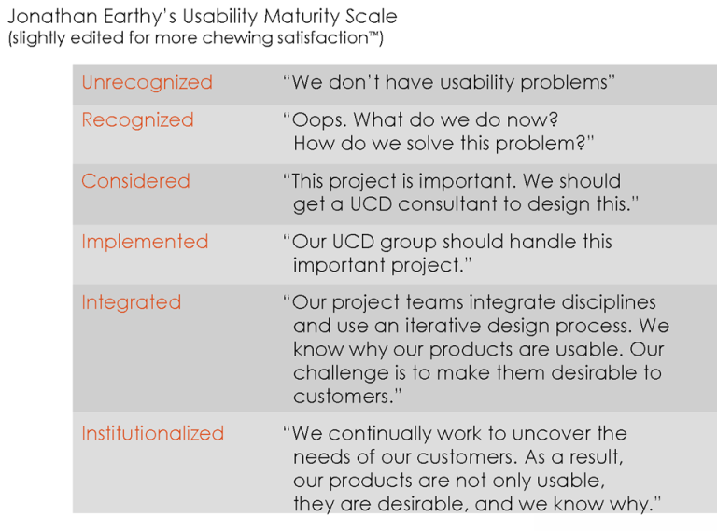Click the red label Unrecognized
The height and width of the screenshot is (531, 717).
coord(147,83)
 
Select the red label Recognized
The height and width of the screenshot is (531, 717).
coord(137,120)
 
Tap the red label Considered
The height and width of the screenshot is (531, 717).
coord(135,181)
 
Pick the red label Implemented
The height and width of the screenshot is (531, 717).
coord(145,242)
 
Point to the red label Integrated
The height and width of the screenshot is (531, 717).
coord(131,302)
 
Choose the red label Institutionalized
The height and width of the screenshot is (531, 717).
coord(153,434)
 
